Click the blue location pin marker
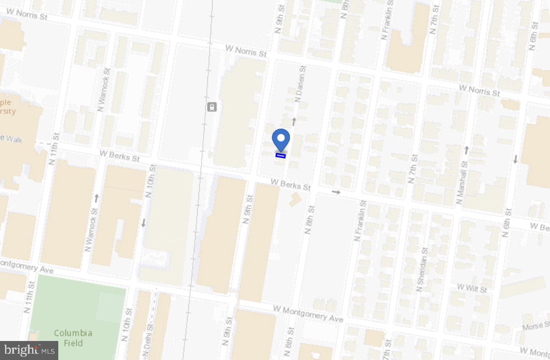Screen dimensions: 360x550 (x=280, y=139)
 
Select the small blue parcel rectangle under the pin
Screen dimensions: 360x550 (x=280, y=156)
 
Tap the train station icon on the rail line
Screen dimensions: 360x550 (x=212, y=107)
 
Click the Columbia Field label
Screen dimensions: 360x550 (x=73, y=338)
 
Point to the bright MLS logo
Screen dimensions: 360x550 (x=29, y=350)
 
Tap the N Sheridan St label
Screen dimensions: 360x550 (x=422, y=270)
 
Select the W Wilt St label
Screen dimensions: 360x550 (x=472, y=289)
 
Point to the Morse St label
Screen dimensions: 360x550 (x=536, y=326)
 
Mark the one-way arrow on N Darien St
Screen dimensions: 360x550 (x=294, y=122)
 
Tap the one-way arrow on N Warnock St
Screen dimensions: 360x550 (x=96, y=198)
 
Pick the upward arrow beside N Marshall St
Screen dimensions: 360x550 (x=466, y=150)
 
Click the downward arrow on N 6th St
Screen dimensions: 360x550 (x=515, y=159)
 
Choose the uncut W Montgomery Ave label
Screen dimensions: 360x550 (x=308, y=314)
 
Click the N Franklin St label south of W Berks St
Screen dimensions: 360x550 (x=360, y=221)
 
